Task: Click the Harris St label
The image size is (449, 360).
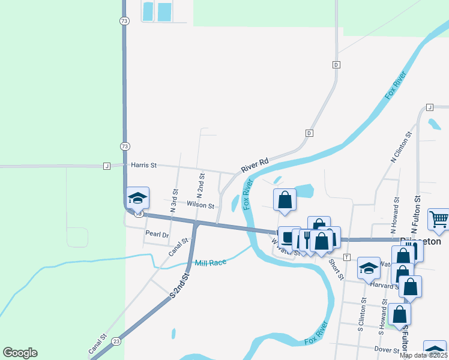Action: pos(143,165)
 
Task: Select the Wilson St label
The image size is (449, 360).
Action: pos(200,205)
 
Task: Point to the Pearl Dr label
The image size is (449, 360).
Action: pos(157,234)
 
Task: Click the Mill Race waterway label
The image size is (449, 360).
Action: pos(210,263)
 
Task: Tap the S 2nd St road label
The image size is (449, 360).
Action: pos(179,286)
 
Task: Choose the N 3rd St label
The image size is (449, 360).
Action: pos(175,201)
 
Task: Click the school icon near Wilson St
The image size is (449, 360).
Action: pos(137,198)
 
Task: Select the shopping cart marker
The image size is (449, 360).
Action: pos(439,220)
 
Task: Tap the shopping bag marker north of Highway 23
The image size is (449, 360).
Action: pos(285,200)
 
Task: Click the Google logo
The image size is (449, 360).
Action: pos(20,353)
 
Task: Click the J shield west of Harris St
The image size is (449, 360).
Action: pos(106,166)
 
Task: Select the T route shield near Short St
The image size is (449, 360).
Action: pos(347,257)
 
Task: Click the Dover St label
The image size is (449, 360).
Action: pos(387,350)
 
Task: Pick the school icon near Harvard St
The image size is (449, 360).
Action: pos(368,268)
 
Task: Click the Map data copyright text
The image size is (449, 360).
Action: pos(424,355)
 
